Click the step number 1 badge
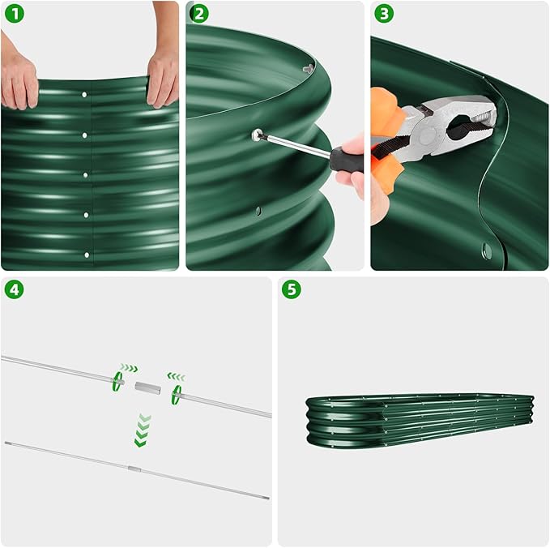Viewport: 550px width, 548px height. pos(15,14)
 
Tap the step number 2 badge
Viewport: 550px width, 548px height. pos(200,14)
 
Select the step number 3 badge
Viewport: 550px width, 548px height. pos(385,14)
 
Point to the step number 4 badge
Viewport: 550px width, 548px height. pos(15,289)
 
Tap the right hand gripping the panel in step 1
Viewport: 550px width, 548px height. pos(163,77)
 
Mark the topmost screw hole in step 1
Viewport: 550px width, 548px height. pos(85,96)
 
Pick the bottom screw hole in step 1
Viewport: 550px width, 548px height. pos(86,255)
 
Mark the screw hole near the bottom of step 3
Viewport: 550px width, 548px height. pos(487,248)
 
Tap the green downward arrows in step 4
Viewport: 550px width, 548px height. pos(144,430)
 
